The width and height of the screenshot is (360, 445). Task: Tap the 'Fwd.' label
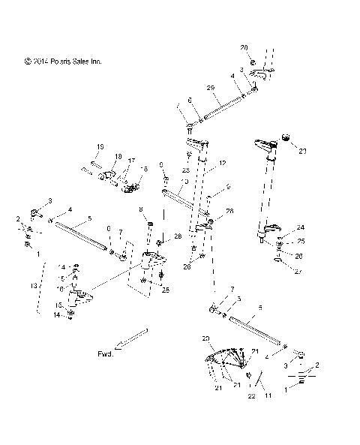tap(106, 353)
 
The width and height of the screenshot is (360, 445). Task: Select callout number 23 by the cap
tap(303, 152)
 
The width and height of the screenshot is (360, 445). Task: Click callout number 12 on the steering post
tap(222, 164)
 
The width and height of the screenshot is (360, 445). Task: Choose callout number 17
tap(131, 161)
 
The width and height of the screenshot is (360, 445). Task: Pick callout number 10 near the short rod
tap(165, 182)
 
